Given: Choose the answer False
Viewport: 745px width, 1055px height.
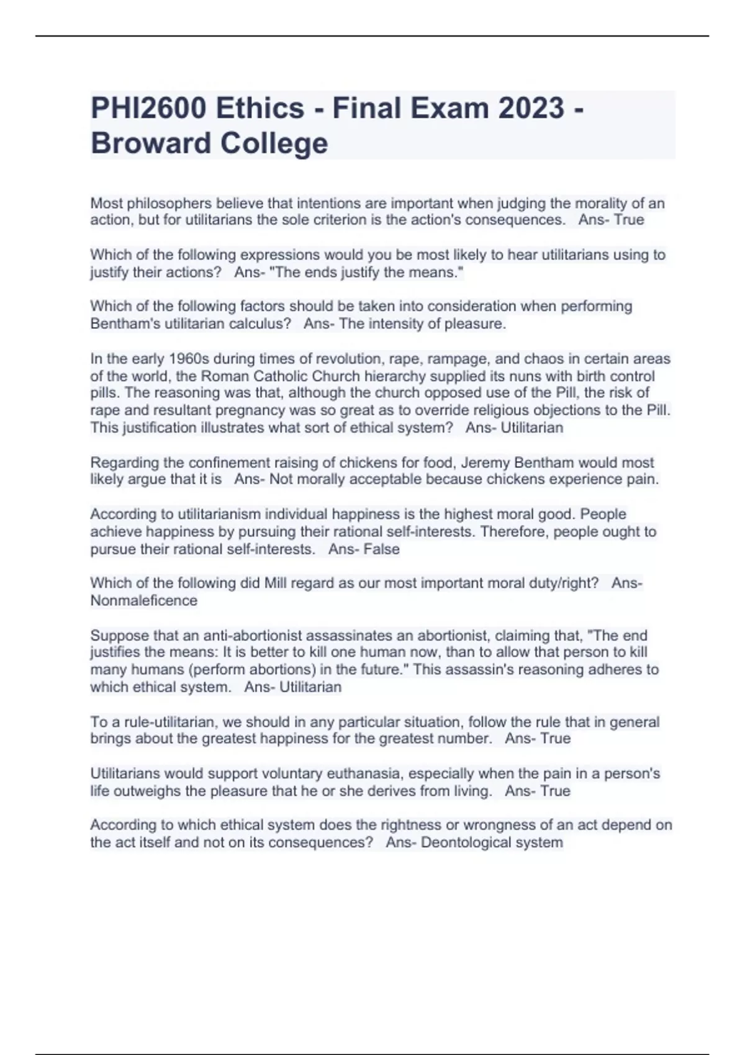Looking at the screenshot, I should click(382, 550).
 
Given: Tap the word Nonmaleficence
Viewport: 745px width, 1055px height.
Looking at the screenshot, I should click(144, 601).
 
